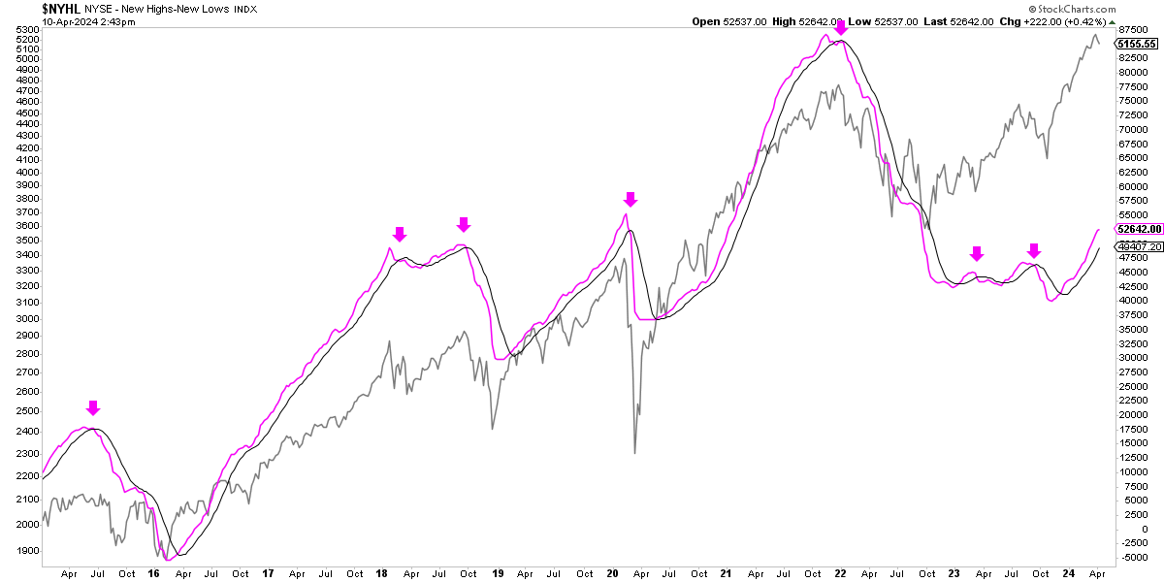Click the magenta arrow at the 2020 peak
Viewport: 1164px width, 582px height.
(630, 199)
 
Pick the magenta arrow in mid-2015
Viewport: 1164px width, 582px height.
(92, 407)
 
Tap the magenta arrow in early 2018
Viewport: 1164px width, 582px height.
(400, 234)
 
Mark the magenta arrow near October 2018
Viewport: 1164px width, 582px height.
(464, 224)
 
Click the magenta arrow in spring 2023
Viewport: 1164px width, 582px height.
(977, 253)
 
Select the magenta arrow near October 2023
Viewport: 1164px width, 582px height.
(1034, 249)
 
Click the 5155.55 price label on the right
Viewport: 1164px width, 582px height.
(1137, 44)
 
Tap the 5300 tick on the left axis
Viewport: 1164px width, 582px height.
(27, 30)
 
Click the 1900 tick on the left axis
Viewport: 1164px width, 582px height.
(27, 551)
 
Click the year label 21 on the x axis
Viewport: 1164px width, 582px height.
(727, 573)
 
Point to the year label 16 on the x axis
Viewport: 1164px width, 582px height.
(154, 573)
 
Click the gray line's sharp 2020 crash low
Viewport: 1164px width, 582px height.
(635, 452)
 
